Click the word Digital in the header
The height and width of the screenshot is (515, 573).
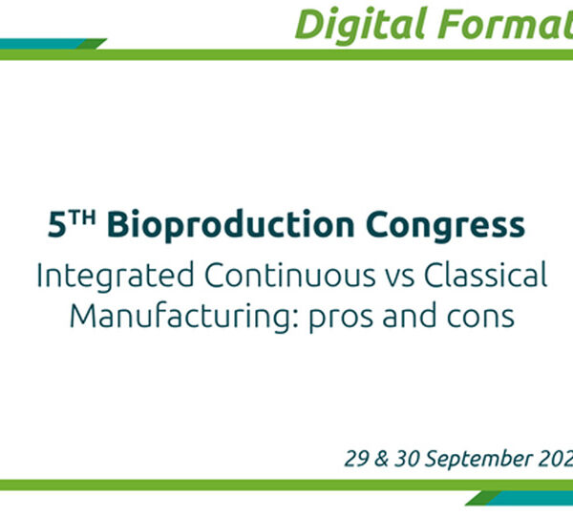click(361, 25)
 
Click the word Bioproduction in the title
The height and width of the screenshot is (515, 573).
click(230, 225)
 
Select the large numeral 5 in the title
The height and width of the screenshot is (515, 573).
click(57, 225)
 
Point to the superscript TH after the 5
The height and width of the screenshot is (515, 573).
click(82, 217)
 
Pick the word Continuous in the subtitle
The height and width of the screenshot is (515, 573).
click(289, 275)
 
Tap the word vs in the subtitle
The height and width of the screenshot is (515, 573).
click(400, 279)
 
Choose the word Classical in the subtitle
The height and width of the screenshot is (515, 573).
click(486, 275)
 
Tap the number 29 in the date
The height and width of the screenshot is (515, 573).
click(356, 458)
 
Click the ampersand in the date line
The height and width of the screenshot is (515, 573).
click(381, 458)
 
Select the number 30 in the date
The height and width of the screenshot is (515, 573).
click(407, 458)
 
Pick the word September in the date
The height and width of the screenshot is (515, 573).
click(478, 459)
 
